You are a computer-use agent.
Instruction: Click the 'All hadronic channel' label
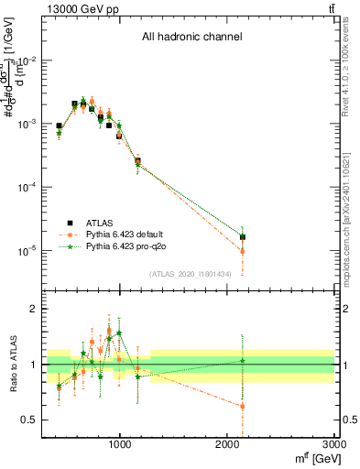(x=191, y=38)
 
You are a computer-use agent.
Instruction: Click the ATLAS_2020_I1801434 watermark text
(x=191, y=274)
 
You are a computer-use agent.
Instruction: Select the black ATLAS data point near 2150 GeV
(x=243, y=237)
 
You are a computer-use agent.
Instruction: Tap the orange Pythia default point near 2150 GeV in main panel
(x=243, y=251)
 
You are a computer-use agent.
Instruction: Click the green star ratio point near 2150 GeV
(x=243, y=361)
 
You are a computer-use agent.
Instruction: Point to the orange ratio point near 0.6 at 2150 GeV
(x=243, y=406)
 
